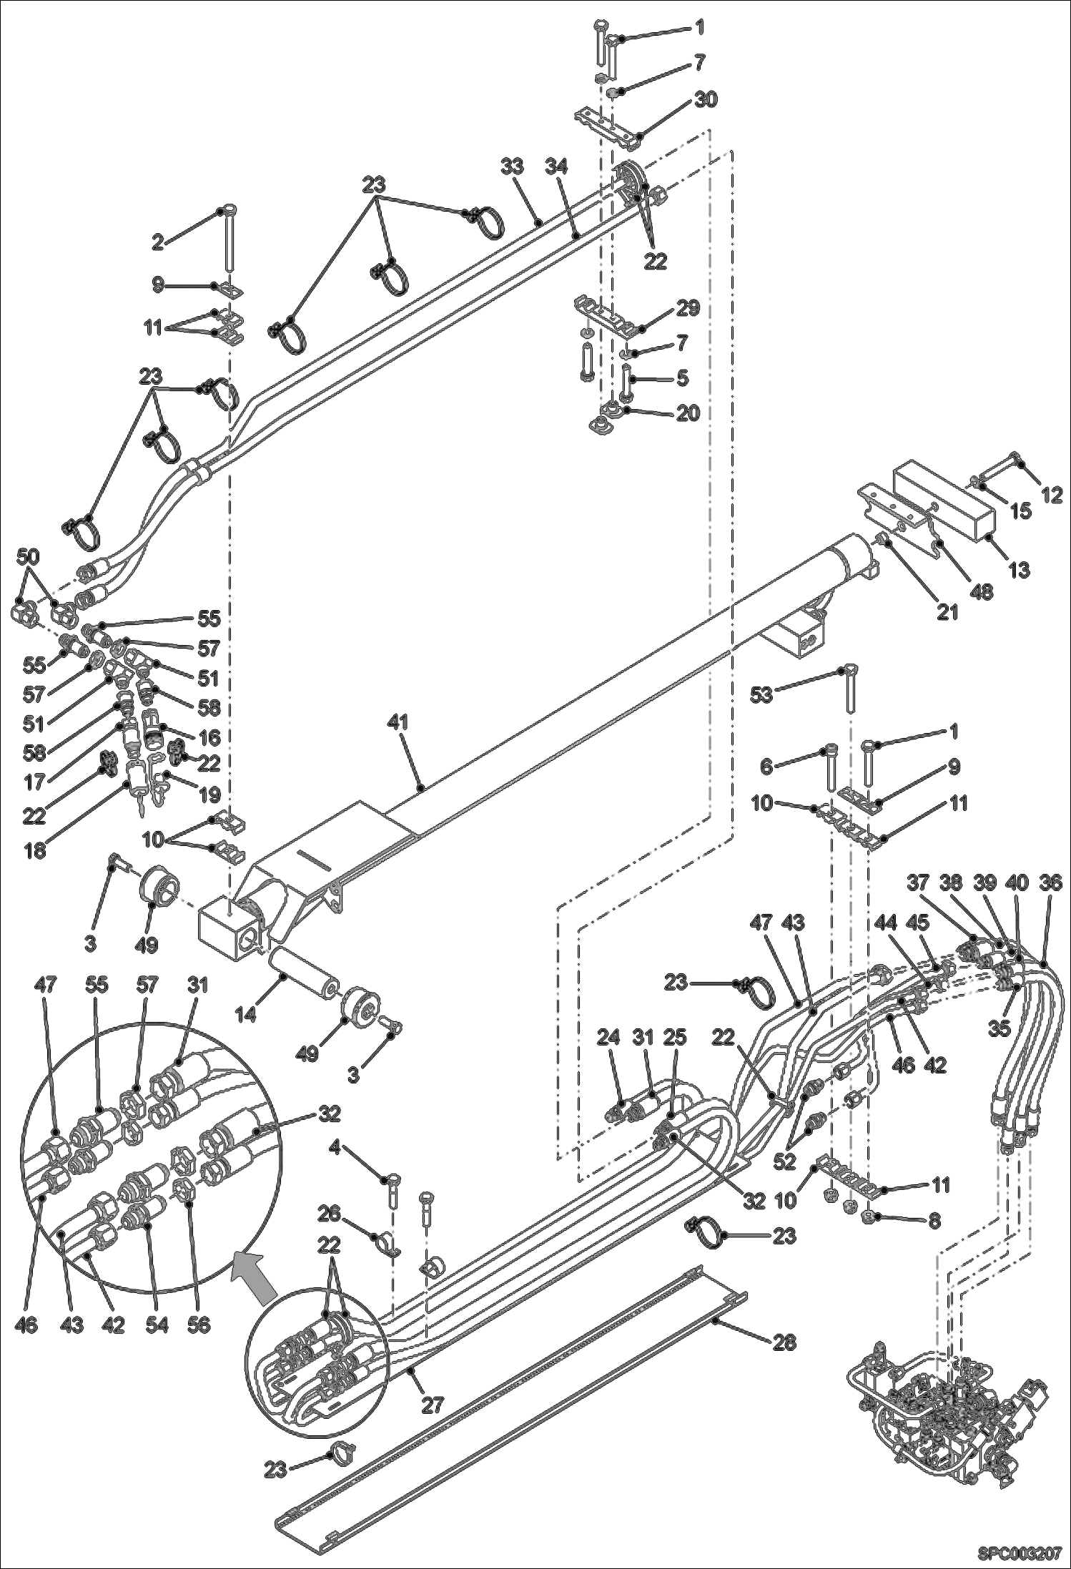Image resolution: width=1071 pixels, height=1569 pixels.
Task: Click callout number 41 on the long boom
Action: (398, 722)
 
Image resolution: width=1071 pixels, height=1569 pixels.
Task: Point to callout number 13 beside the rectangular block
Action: (1019, 570)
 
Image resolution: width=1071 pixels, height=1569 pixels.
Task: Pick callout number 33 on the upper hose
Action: (511, 167)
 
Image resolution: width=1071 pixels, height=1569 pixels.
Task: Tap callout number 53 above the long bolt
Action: (763, 694)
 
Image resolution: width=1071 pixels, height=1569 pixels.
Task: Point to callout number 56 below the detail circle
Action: (199, 1325)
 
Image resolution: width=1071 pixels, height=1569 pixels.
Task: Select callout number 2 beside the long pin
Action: (157, 242)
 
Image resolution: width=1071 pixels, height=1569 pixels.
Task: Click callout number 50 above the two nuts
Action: (29, 556)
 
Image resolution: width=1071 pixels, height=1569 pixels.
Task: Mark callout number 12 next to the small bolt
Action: (1052, 493)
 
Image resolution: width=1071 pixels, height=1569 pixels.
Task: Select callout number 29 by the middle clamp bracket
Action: (688, 309)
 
